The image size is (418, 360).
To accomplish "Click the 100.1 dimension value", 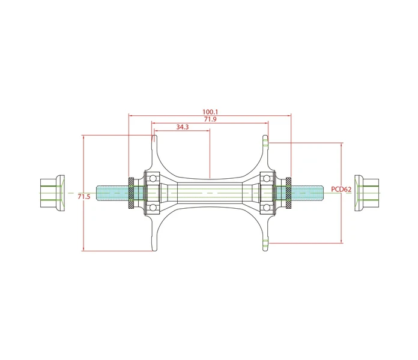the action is tap(210, 112).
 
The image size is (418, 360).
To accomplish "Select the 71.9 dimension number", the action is tap(210, 119).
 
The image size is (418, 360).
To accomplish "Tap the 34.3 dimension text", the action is tap(183, 127).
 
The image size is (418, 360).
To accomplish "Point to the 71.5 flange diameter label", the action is tap(84, 197).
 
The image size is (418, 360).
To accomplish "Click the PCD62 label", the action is tap(341, 190).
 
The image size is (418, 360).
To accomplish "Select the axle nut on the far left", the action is tap(52, 193).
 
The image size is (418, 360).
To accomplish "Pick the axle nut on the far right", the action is tap(366, 193).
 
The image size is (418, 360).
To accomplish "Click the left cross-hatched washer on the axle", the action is tap(131, 193).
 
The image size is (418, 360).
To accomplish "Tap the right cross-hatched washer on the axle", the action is tap(288, 193).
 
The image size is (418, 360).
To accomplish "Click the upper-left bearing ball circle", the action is tap(153, 178).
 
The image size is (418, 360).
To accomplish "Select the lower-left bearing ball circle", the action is tap(153, 207).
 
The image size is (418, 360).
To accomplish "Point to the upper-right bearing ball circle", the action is tap(267, 178).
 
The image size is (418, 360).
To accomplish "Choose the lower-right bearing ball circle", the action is tap(267, 207).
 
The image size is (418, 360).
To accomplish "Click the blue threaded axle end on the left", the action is tap(112, 193).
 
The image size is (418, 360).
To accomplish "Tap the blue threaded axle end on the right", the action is tap(307, 193).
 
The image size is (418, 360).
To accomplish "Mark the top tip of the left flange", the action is tap(154, 135).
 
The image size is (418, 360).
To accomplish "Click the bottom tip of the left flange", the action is tap(154, 251).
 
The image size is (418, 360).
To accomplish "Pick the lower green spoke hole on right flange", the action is tap(265, 243).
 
